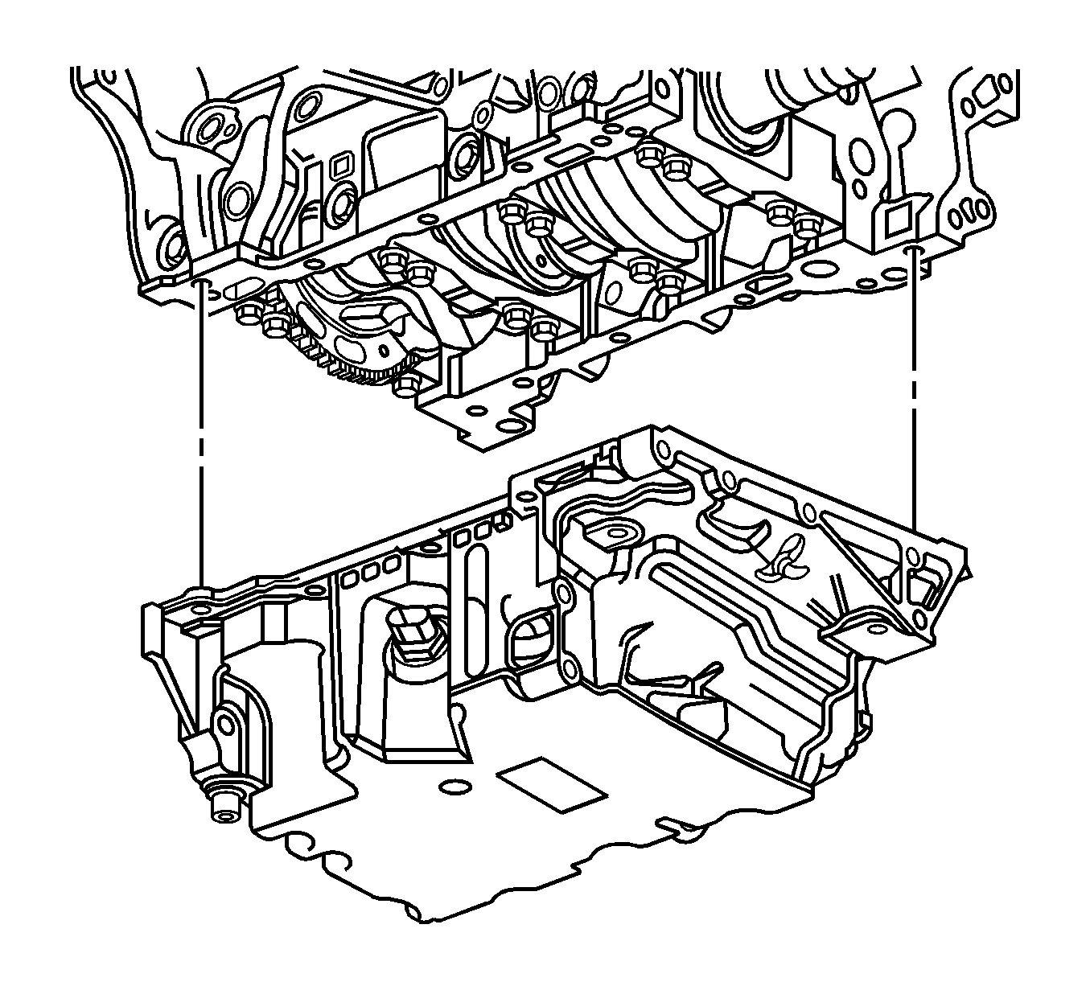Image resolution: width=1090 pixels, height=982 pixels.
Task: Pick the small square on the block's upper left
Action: pyautogui.click(x=339, y=166)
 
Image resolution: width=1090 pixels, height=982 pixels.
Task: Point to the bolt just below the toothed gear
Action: pyautogui.click(x=406, y=388)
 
